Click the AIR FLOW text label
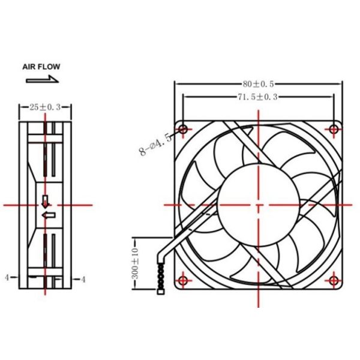pos(41,67)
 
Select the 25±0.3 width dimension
pos(45,107)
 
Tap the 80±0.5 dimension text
pos(259,84)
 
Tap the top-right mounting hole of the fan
pos(334,129)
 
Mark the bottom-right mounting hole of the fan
pos(334,280)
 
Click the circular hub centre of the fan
pos(259,204)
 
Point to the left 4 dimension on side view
pos(7,278)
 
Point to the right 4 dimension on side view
pos(83,279)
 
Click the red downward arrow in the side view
pos(46,200)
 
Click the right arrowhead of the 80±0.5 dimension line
pos(340,84)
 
